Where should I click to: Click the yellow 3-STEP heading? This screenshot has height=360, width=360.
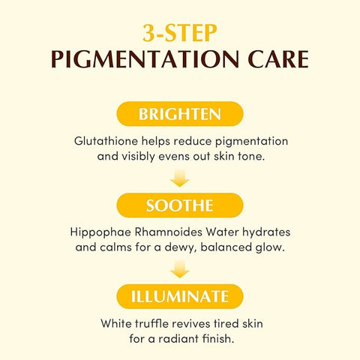[180, 33]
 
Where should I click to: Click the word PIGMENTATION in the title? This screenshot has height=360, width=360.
[145, 59]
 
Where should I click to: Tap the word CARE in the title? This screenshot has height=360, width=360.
[278, 59]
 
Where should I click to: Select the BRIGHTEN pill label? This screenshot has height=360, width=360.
[180, 114]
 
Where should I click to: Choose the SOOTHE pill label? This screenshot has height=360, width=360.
[180, 205]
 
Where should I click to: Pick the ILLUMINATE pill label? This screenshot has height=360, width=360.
[180, 297]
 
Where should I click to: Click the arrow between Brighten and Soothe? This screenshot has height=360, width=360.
[180, 178]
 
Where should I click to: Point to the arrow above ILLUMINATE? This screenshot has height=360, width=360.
[180, 269]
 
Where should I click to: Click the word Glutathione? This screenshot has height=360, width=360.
[106, 141]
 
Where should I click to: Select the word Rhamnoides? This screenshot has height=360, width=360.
[169, 232]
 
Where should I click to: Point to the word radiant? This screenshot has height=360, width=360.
[178, 339]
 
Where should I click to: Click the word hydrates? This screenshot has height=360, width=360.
[266, 232]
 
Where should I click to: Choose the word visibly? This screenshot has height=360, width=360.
[138, 157]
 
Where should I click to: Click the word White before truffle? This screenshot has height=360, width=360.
[116, 323]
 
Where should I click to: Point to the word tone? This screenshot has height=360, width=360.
[251, 157]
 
